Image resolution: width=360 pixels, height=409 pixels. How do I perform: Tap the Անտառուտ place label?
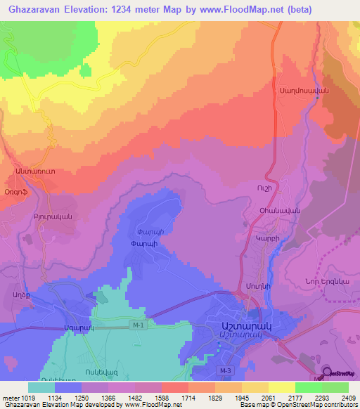click(30, 171)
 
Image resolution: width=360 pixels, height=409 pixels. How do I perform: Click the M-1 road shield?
click(139, 325)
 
